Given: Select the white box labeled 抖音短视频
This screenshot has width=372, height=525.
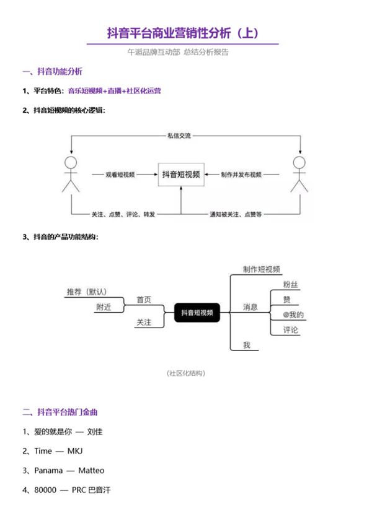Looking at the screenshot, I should coord(181,175).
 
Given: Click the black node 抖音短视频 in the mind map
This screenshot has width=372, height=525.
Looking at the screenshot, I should coord(197,313).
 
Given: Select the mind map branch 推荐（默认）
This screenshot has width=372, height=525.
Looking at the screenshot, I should coord(87,292).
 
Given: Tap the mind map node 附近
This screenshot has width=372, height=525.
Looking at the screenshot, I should coord(103,308).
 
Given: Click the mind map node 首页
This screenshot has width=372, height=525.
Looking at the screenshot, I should coord(144,300).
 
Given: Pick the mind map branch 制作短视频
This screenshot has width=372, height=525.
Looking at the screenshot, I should coord(253,269).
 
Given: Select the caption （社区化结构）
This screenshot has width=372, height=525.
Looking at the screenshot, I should coord(186,373).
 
